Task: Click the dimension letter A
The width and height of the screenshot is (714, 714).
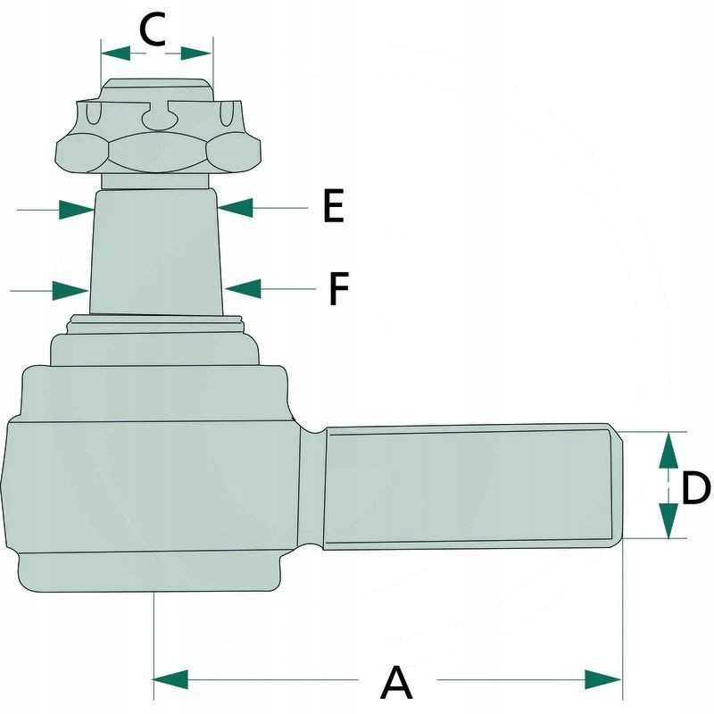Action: pyautogui.click(x=396, y=682)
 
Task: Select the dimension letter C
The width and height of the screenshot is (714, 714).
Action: pyautogui.click(x=152, y=29)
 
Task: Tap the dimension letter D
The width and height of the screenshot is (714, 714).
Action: pyautogui.click(x=696, y=487)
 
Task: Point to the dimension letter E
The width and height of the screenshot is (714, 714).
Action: pyautogui.click(x=334, y=206)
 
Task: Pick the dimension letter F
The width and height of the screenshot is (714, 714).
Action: pyautogui.click(x=339, y=288)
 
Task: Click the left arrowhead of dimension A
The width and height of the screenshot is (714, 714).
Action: pyautogui.click(x=170, y=679)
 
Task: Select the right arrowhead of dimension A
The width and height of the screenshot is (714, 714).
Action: pyautogui.click(x=603, y=679)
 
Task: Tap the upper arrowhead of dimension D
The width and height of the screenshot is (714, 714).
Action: pyautogui.click(x=668, y=450)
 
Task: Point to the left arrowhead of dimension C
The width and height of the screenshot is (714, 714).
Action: pyautogui.click(x=116, y=53)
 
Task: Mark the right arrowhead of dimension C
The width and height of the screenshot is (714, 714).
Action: pyautogui.click(x=196, y=53)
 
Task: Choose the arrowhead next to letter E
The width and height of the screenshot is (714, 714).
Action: pyautogui.click(x=236, y=208)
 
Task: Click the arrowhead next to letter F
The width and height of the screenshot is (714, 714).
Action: pyautogui.click(x=243, y=288)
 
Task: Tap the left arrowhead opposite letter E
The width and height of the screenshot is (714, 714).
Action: pyautogui.click(x=77, y=210)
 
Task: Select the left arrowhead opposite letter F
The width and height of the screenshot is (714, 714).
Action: pyautogui.click(x=71, y=291)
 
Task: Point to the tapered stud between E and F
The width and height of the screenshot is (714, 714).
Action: pyautogui.click(x=155, y=252)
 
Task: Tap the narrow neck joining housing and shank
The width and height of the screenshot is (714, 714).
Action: pyautogui.click(x=311, y=488)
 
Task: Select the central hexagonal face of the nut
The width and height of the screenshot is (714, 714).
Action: pyautogui.click(x=158, y=153)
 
